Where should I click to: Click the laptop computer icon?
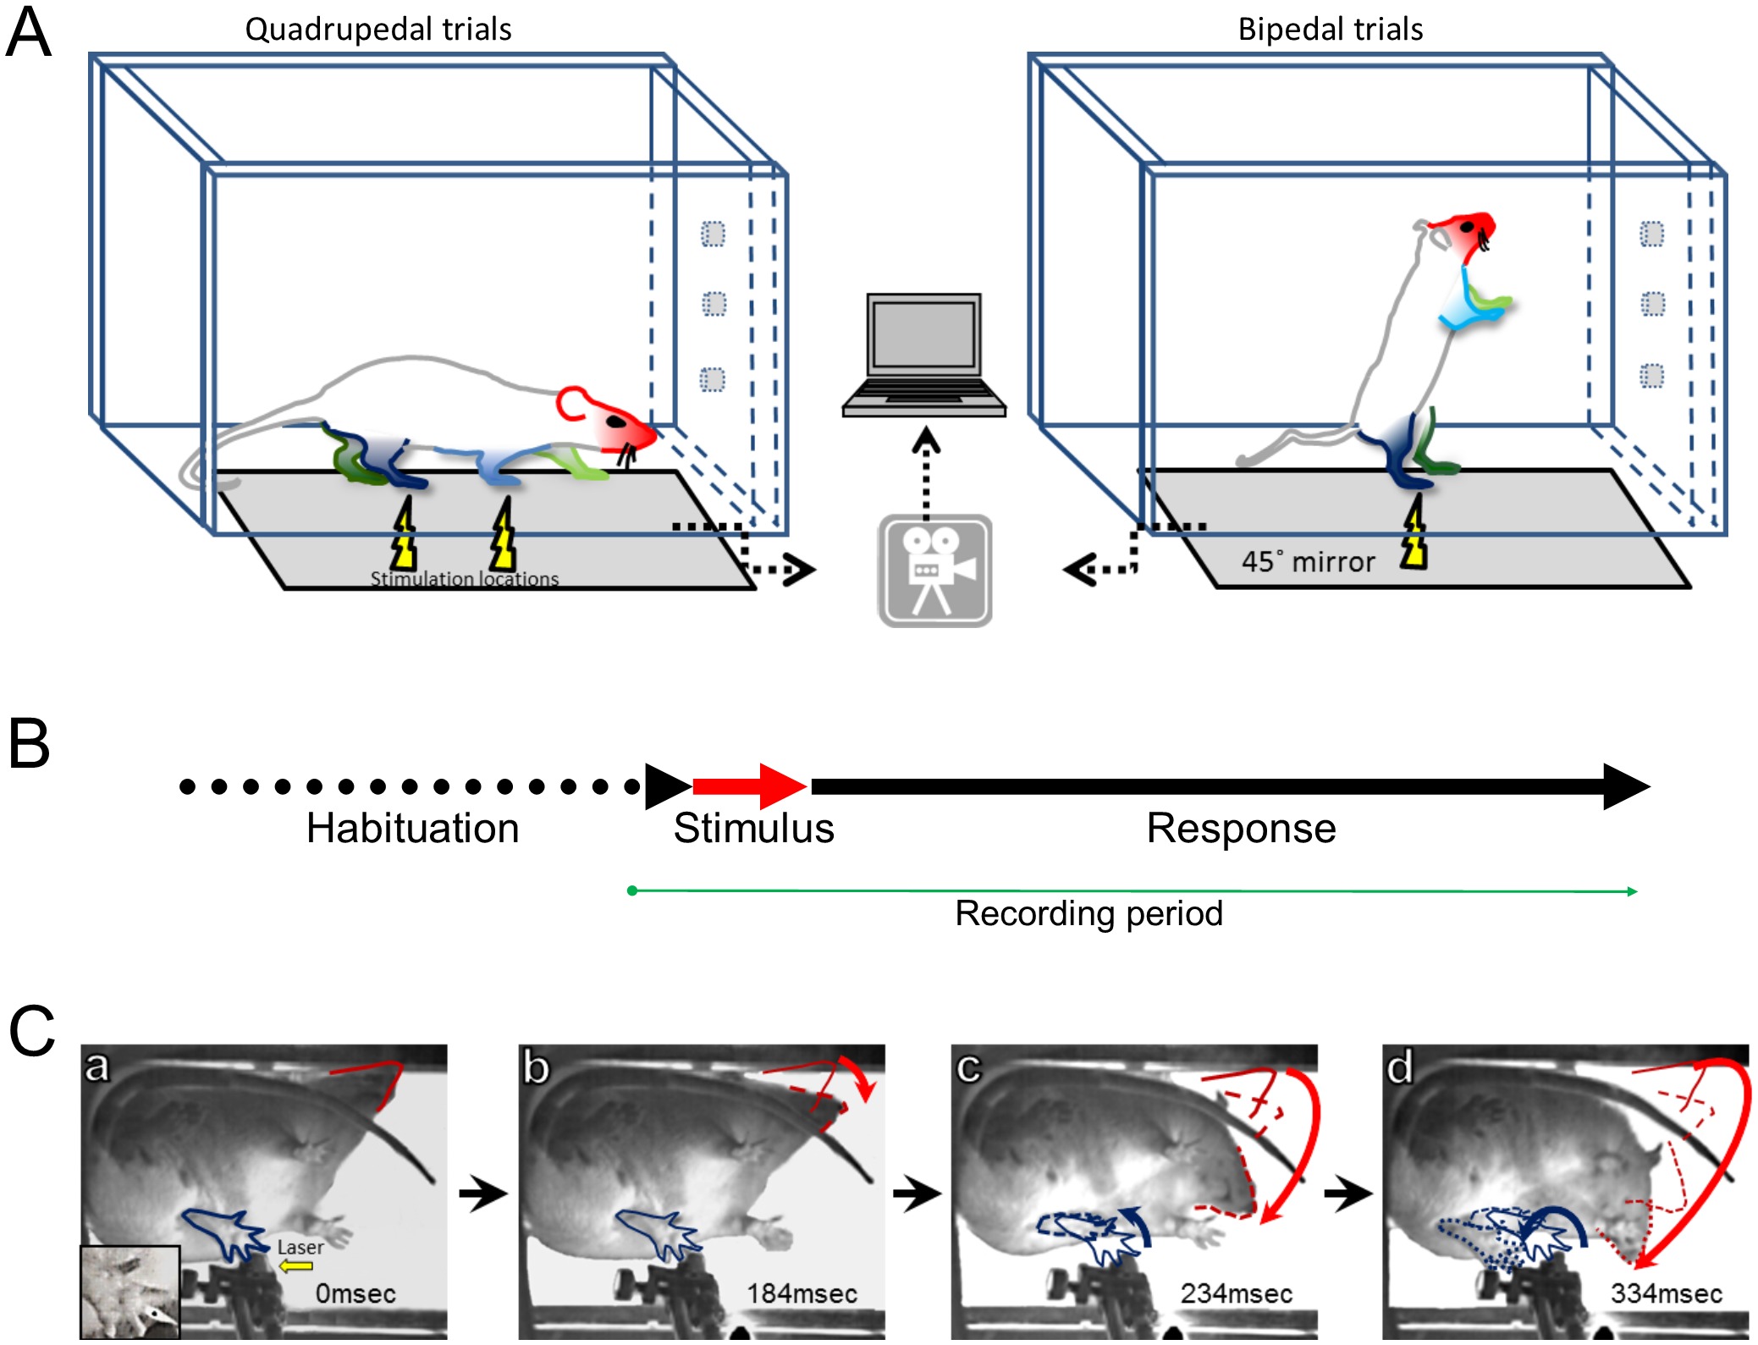click(923, 356)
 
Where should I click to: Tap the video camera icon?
click(934, 571)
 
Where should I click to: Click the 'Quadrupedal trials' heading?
click(378, 30)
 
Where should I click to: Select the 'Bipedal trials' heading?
click(1330, 30)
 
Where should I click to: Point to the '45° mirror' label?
click(1308, 562)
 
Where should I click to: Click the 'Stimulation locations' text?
click(464, 579)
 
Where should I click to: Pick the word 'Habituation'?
click(412, 828)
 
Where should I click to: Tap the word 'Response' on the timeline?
click(1241, 828)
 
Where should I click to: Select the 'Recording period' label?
click(1088, 913)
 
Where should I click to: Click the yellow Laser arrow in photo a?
click(296, 1266)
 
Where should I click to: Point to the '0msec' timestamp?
click(355, 1293)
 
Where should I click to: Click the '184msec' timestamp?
click(802, 1293)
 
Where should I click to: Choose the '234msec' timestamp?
click(1236, 1293)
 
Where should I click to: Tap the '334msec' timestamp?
click(1666, 1293)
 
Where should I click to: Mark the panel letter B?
click(30, 744)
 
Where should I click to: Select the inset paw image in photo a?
click(130, 1292)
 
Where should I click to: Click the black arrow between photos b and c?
click(917, 1194)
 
